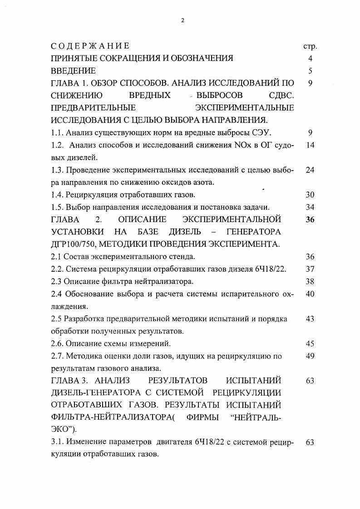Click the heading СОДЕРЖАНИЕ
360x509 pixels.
pyautogui.click(x=90, y=46)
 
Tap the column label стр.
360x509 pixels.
pyautogui.click(x=310, y=46)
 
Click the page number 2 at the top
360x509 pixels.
pyautogui.click(x=182, y=20)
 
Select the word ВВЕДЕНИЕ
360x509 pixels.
pyautogui.click(x=73, y=71)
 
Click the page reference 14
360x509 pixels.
pyautogui.click(x=310, y=145)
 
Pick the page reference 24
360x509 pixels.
pyautogui.click(x=310, y=170)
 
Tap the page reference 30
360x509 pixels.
pyautogui.click(x=310, y=195)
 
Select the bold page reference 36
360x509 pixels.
pyautogui.click(x=310, y=220)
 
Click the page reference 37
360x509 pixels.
pyautogui.click(x=310, y=269)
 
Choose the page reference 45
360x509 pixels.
pyautogui.click(x=310, y=343)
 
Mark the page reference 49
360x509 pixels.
pyautogui.click(x=310, y=356)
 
